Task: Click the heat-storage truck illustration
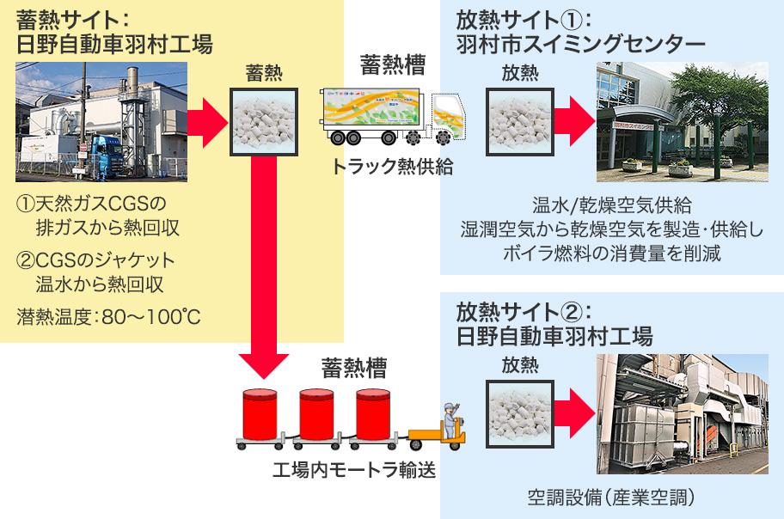394,117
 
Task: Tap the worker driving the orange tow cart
451,421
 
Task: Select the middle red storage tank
316,414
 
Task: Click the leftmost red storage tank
260,414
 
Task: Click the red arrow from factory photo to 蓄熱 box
207,123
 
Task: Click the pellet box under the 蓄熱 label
264,122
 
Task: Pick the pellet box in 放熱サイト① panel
520,122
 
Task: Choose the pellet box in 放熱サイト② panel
520,414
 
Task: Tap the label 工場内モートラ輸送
354,470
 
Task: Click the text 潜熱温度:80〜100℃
108,316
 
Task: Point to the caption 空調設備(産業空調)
611,497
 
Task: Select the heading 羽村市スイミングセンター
581,44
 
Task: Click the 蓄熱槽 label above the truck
393,65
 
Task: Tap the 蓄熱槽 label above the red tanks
354,368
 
